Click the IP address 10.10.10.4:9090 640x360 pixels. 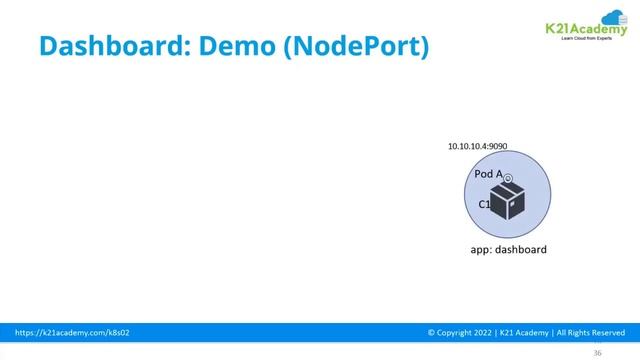click(x=477, y=146)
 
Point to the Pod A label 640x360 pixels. click(x=488, y=174)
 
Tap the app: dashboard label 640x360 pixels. click(x=508, y=249)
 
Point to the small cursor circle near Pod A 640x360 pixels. click(x=508, y=179)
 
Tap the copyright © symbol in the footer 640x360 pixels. click(x=431, y=330)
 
